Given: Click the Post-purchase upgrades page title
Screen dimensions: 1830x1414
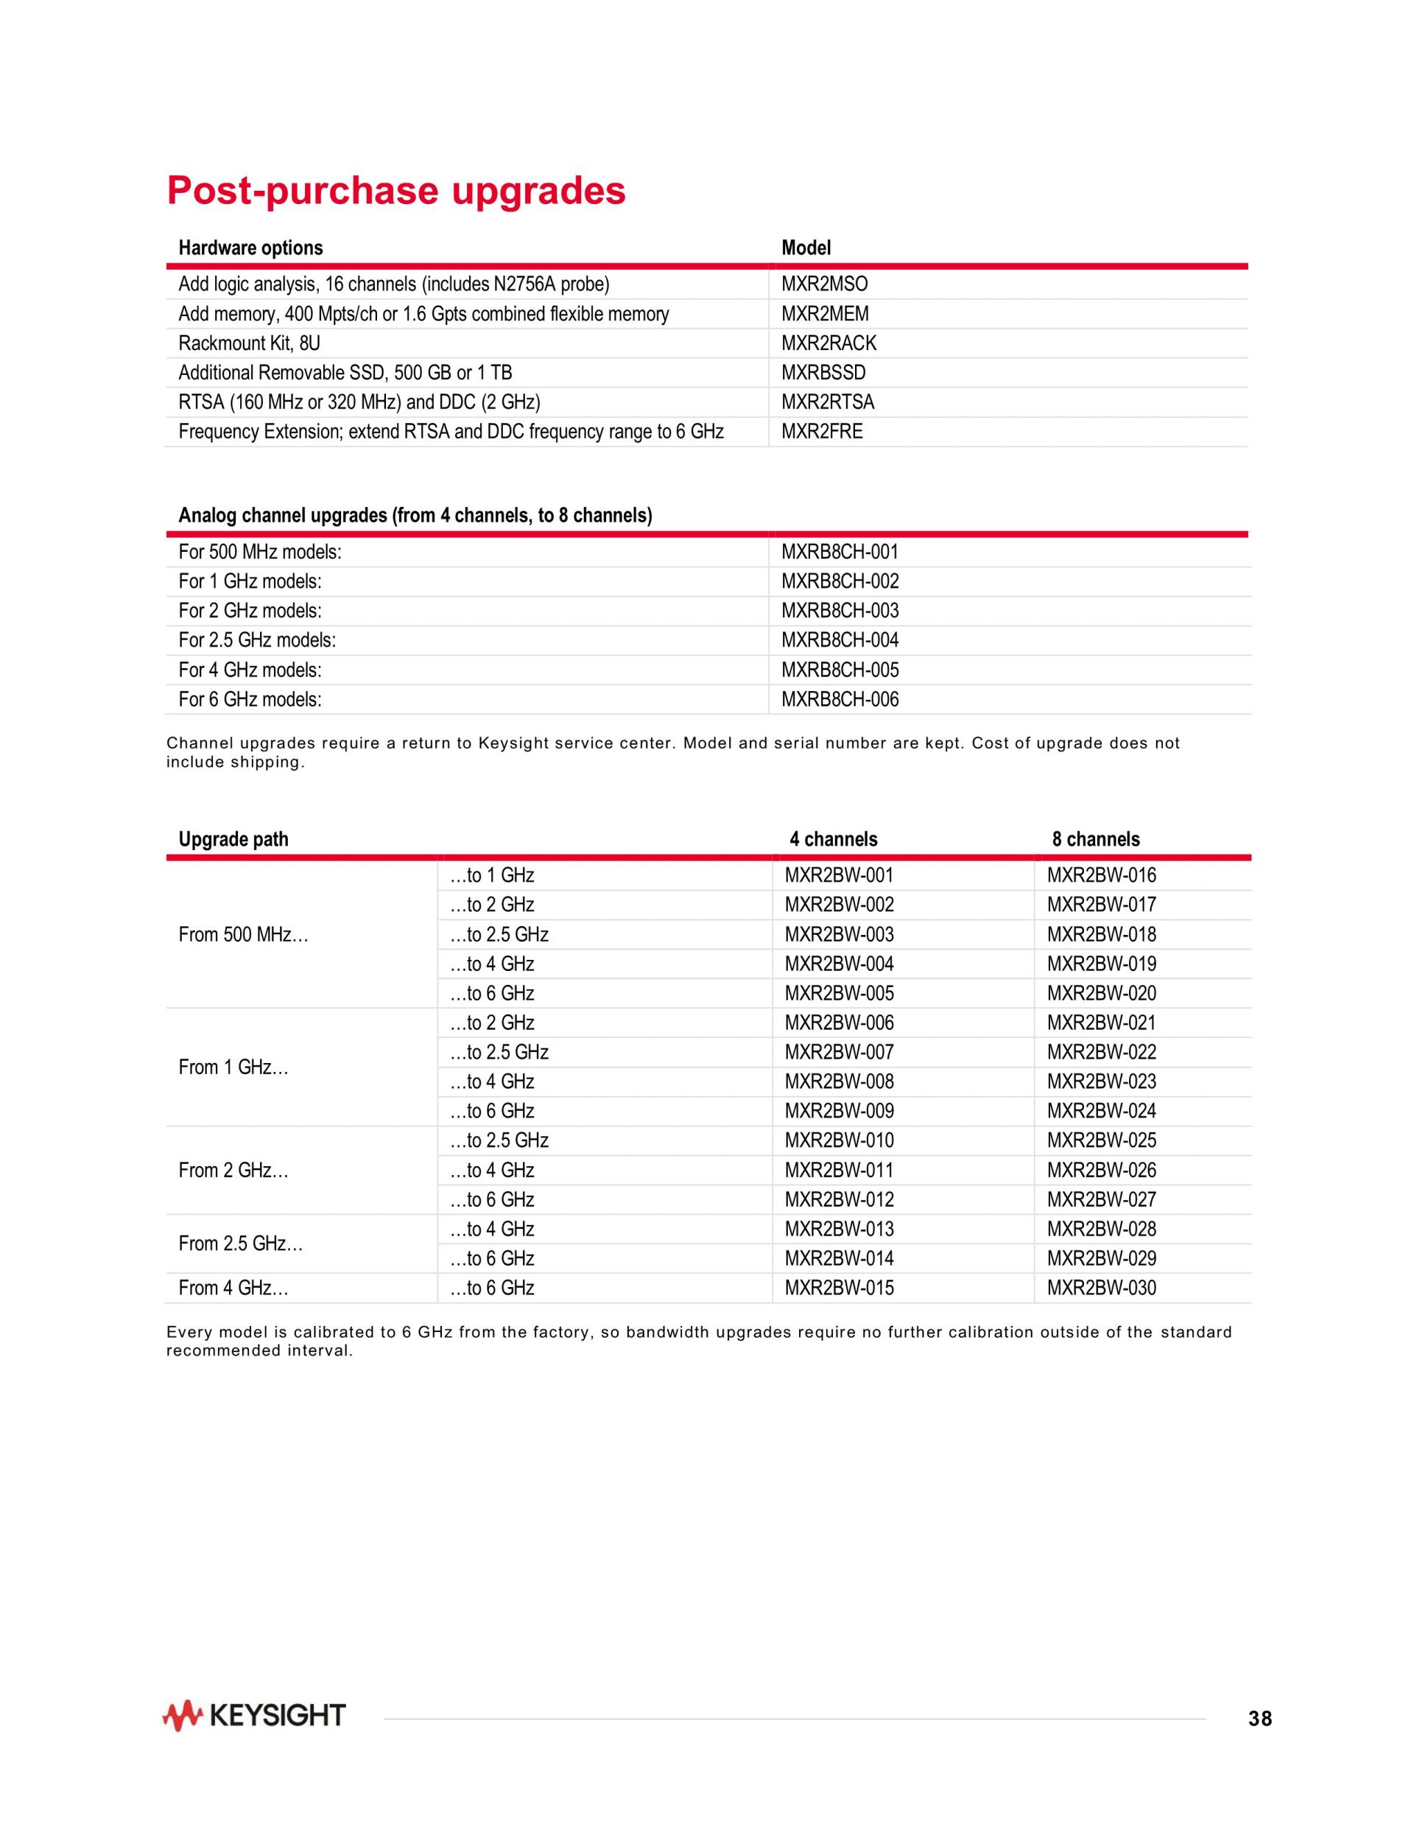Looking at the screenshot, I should [x=396, y=191].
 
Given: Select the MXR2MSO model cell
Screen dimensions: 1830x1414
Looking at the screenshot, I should [x=824, y=285].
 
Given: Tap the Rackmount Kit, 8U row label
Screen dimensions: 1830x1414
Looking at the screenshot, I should [x=249, y=343].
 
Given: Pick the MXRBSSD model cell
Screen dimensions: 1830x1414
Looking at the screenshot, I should [x=823, y=373].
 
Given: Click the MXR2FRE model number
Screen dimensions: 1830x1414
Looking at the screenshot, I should [x=822, y=432].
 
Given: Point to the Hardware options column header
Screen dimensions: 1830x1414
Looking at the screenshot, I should [x=250, y=248].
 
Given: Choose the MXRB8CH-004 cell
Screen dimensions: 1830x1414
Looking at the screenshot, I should [x=840, y=640].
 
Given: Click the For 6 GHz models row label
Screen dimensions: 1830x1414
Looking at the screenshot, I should [x=250, y=700].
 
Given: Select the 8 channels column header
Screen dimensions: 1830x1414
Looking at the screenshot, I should [x=1096, y=840].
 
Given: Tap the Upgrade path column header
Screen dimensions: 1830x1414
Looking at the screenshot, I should [x=233, y=840].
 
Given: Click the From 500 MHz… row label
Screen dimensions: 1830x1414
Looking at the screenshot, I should [x=243, y=935].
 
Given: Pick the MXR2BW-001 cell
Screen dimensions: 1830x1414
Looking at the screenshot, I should [x=839, y=876].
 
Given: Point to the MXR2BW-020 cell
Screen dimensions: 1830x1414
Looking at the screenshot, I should [x=1101, y=994].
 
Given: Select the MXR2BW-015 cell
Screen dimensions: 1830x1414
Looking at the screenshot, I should [x=839, y=1288].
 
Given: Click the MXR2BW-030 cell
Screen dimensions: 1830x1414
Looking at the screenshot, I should [x=1101, y=1288].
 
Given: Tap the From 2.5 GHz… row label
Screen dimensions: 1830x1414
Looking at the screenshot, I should [x=240, y=1244].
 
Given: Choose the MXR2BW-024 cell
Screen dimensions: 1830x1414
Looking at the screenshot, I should [x=1101, y=1111].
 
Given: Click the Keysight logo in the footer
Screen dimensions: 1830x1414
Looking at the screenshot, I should [x=254, y=1716].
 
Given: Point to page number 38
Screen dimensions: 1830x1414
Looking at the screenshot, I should [x=1259, y=1719].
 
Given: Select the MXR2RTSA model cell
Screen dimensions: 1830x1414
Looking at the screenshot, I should [x=828, y=402].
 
